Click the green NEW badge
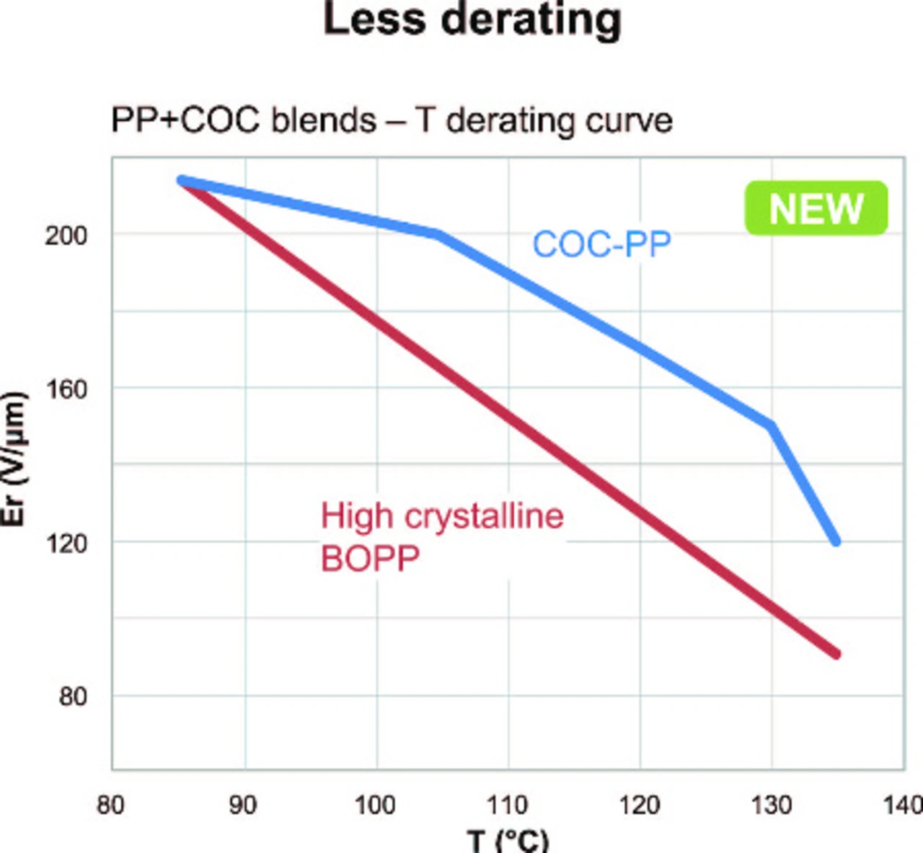point(816,208)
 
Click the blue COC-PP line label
point(601,244)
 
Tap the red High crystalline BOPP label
point(441,537)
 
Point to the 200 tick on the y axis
point(66,235)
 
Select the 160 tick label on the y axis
point(66,389)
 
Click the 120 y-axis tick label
point(66,543)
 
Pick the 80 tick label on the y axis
point(73,697)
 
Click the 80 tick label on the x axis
point(110,805)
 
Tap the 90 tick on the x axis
point(243,805)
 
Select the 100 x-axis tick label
point(375,805)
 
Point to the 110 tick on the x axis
point(508,805)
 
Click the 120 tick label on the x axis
point(640,805)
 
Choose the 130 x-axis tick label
point(772,805)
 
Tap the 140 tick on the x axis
point(903,805)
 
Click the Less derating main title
point(472,19)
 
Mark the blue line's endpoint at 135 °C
point(836,542)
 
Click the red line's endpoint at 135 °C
point(836,654)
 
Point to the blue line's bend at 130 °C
point(772,425)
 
